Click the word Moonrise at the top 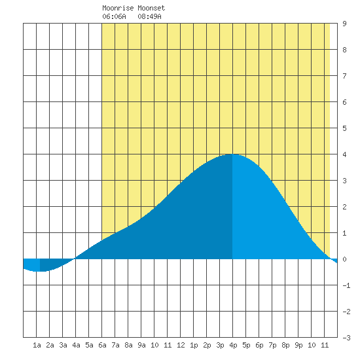click(x=118, y=8)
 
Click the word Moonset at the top click(x=151, y=8)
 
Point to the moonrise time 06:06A click(x=114, y=16)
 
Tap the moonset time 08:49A click(x=149, y=16)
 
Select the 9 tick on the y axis click(x=344, y=24)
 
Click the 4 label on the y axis click(x=344, y=154)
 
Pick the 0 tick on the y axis click(x=344, y=259)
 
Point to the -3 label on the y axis click(x=346, y=338)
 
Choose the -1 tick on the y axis click(x=346, y=285)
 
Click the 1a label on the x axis click(x=37, y=345)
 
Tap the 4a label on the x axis click(x=76, y=345)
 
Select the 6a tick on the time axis click(x=102, y=345)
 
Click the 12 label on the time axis click(x=181, y=345)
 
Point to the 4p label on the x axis click(x=233, y=345)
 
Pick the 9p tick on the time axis click(x=298, y=345)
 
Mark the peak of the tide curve click(x=232, y=154)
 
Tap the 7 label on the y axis click(x=344, y=76)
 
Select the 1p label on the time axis click(x=194, y=345)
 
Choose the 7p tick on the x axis click(x=272, y=345)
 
